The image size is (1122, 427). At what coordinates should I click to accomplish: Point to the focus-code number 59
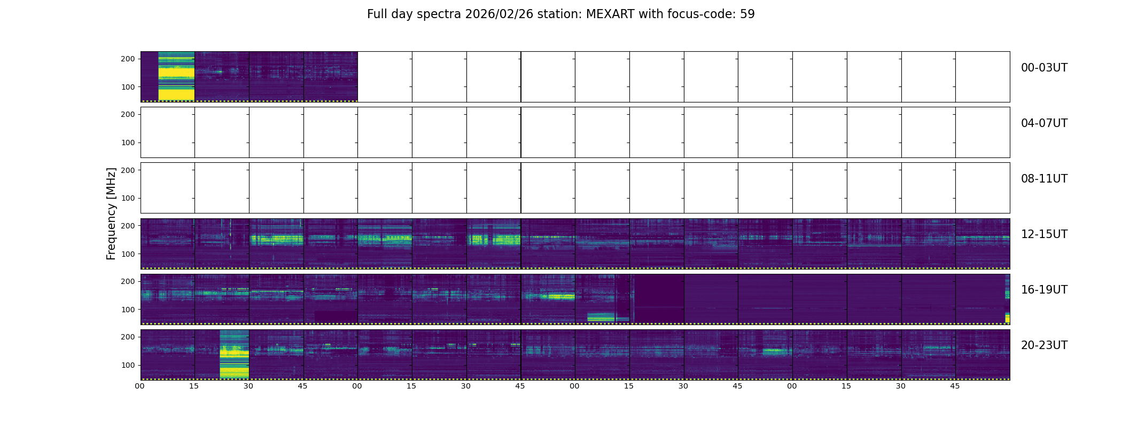[747, 14]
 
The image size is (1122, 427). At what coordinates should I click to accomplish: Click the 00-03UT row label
[1044, 68]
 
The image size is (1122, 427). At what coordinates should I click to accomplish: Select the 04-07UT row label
[1044, 123]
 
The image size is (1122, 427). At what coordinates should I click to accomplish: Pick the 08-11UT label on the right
[1044, 179]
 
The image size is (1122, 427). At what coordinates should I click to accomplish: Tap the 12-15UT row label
[1044, 234]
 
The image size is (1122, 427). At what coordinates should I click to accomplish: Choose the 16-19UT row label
[1044, 290]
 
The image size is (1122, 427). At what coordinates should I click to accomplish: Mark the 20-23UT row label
[1044, 345]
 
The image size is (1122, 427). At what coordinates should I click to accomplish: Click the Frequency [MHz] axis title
[111, 213]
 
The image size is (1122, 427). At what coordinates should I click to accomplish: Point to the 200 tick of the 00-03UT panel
[128, 59]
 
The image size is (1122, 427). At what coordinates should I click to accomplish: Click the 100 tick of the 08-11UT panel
[128, 198]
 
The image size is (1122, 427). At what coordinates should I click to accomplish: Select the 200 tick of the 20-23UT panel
[128, 337]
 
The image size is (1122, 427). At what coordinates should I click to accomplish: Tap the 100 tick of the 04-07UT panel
[128, 143]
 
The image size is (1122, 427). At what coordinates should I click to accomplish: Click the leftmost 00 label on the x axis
[140, 386]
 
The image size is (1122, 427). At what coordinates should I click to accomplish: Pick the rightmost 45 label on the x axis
[955, 386]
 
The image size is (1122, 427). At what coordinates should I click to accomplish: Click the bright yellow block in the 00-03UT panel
[176, 76]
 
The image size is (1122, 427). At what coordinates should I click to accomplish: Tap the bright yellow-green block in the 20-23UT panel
[235, 354]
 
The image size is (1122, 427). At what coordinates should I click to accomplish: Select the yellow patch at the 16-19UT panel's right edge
[1008, 318]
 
